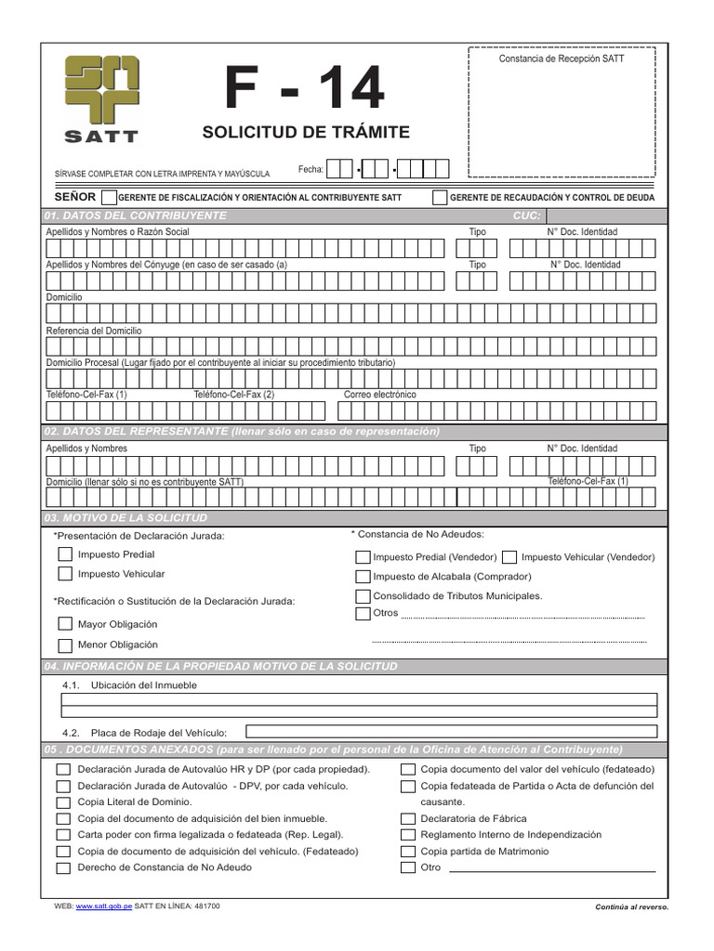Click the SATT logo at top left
pyautogui.click(x=101, y=98)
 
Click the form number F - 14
pyautogui.click(x=305, y=90)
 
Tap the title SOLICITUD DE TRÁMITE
pyautogui.click(x=305, y=132)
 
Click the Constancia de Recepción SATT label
pyautogui.click(x=562, y=59)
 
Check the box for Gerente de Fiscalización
pyautogui.click(x=109, y=197)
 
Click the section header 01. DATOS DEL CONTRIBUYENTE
pyautogui.click(x=136, y=215)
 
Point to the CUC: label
pyautogui.click(x=526, y=215)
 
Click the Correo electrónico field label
pyautogui.click(x=380, y=395)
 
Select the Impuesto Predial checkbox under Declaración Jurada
pyautogui.click(x=65, y=554)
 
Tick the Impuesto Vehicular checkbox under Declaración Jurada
pyautogui.click(x=65, y=574)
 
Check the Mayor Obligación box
pyautogui.click(x=65, y=624)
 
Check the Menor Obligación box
pyautogui.click(x=65, y=645)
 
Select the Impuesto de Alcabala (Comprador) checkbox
pyautogui.click(x=363, y=577)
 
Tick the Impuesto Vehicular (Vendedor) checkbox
pyautogui.click(x=509, y=557)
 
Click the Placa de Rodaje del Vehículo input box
pyautogui.click(x=451, y=732)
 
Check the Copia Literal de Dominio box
pyautogui.click(x=63, y=802)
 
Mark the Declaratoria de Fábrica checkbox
pyautogui.click(x=407, y=819)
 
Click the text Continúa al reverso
pyautogui.click(x=631, y=906)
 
